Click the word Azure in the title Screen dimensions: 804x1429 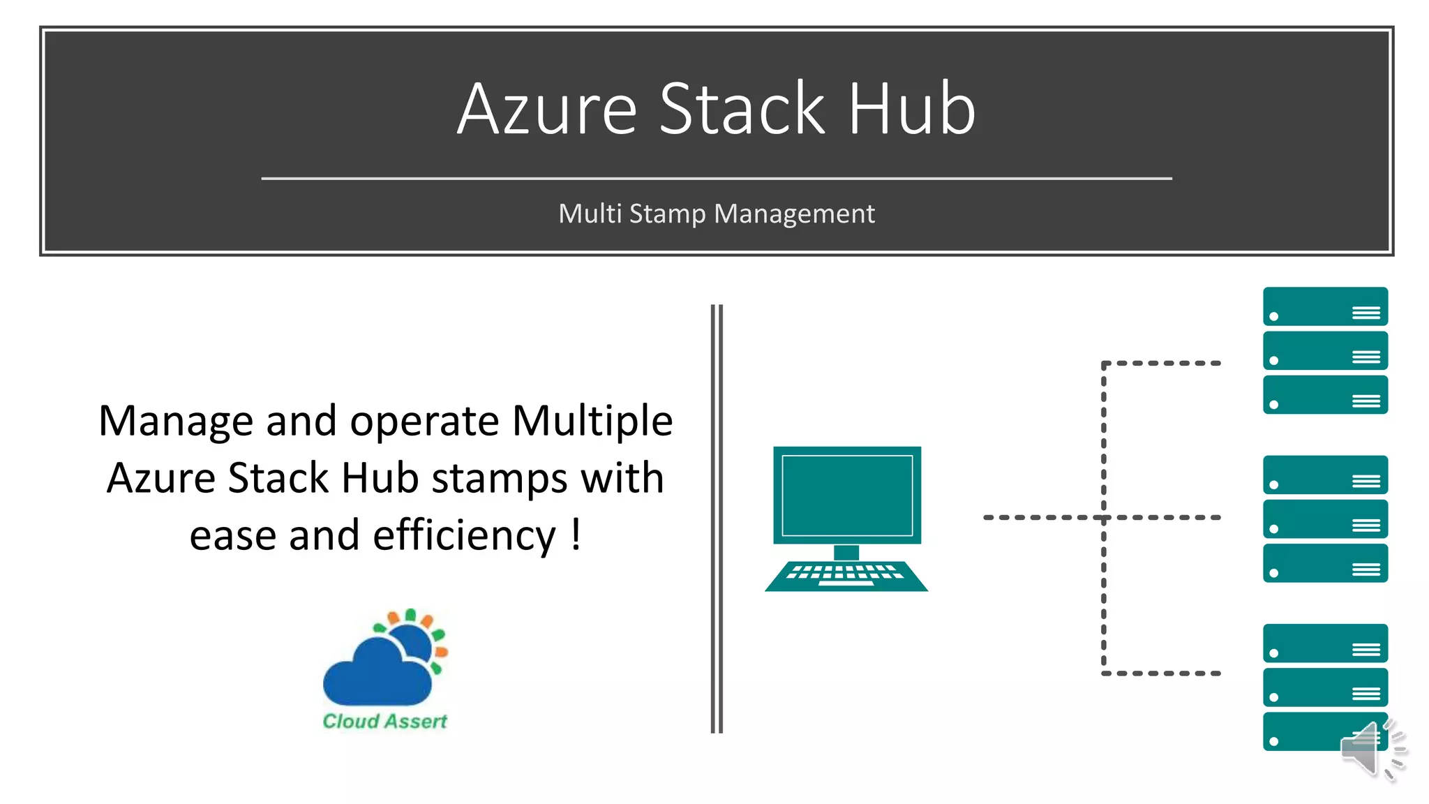547,109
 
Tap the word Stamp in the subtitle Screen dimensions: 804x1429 667,214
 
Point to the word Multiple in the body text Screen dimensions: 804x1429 592,421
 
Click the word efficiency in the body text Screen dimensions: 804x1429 464,535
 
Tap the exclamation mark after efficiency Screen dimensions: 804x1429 576,534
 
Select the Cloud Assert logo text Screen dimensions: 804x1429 384,721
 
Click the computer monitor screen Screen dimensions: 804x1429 847,494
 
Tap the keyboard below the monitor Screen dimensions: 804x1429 846,576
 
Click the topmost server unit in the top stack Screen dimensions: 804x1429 1324,306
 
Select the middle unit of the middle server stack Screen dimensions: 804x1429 1324,519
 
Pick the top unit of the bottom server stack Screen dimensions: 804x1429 1324,643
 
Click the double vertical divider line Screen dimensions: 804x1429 717,519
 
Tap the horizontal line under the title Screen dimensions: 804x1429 716,179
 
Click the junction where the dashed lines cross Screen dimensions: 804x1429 1104,518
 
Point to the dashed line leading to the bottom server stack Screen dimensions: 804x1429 1162,673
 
